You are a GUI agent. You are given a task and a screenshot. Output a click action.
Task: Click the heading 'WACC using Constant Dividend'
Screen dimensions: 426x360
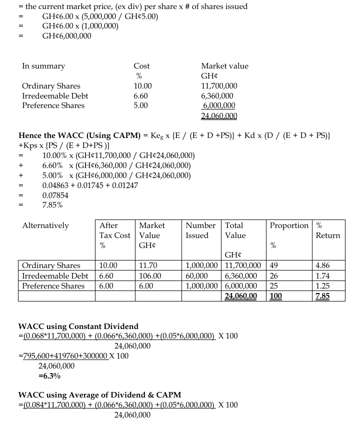click(x=78, y=326)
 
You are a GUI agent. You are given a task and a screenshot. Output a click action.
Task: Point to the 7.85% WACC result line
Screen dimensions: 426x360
click(x=52, y=204)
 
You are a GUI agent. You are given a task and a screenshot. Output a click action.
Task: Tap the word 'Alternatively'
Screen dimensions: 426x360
click(x=45, y=225)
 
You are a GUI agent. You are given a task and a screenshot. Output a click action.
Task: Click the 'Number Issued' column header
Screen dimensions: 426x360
click(x=200, y=230)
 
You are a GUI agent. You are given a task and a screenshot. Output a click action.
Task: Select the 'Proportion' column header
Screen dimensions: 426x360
click(x=289, y=225)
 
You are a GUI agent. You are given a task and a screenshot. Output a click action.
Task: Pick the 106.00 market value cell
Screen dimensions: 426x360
click(x=150, y=275)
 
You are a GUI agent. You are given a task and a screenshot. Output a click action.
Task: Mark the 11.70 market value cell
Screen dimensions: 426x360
click(x=148, y=265)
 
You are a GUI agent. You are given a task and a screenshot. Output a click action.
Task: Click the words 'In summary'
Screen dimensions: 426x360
click(x=43, y=66)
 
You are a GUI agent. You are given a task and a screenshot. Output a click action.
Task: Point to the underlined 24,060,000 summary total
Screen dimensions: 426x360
click(x=219, y=116)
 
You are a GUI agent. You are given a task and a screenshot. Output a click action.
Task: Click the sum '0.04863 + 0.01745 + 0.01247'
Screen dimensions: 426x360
click(x=90, y=185)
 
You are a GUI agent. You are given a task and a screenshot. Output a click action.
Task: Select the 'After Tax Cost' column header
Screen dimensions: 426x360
click(x=115, y=230)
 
